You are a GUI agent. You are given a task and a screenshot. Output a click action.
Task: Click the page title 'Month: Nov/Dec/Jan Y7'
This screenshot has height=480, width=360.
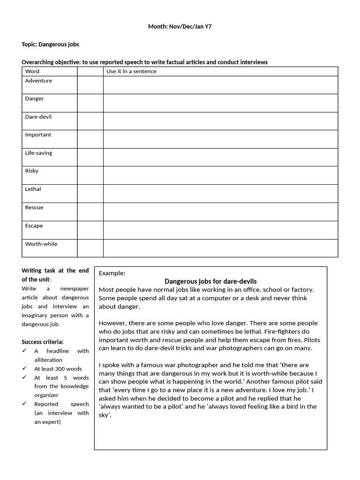coord(180,27)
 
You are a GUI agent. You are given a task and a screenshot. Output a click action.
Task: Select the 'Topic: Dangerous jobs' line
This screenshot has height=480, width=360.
coord(51,45)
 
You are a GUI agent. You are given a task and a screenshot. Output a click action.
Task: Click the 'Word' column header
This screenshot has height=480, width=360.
coord(32,71)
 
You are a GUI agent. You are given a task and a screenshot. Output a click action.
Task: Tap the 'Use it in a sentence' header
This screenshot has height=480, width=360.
coord(131,71)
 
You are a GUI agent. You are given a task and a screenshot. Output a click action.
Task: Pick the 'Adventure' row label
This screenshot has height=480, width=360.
coord(38,81)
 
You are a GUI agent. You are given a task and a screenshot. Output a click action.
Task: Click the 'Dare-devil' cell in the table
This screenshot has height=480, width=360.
coord(38,117)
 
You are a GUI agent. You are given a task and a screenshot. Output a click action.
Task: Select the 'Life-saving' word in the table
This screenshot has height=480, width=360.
coord(38,153)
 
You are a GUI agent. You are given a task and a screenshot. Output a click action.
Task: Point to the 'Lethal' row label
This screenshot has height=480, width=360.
coord(33,189)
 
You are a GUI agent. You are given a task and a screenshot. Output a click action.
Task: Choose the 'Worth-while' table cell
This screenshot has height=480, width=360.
coord(41,244)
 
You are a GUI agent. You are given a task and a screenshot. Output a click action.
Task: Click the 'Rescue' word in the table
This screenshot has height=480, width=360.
coord(34,207)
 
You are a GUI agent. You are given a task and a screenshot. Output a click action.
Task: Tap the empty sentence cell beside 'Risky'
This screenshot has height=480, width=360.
coord(220,175)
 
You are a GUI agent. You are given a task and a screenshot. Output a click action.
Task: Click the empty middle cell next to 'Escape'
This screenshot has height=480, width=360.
coord(90,230)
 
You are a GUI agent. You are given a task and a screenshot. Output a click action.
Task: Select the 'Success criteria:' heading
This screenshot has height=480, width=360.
coord(43,342)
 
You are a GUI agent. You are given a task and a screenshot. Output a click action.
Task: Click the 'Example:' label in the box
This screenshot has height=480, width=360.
coord(112,273)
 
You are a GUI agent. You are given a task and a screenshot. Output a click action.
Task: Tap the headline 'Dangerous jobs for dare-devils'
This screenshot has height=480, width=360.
coord(210,281)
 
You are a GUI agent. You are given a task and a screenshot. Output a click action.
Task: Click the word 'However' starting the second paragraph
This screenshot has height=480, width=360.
coord(112,323)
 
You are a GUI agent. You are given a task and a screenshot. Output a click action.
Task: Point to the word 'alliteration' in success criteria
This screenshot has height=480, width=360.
coord(48,360)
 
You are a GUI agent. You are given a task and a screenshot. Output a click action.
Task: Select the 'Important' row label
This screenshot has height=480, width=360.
coord(38,135)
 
